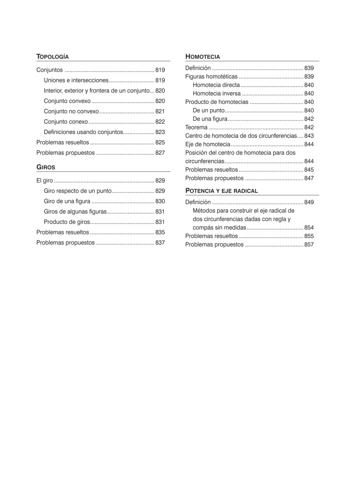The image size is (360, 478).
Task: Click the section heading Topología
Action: pos(53,57)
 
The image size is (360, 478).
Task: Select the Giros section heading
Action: pos(46,167)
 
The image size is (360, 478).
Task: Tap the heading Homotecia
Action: pos(203,57)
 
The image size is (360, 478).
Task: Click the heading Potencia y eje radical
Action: pos(221,190)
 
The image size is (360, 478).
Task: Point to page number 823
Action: pos(160,132)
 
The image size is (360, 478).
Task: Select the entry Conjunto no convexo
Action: pos(71,112)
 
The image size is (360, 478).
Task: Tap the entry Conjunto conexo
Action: pos(66,122)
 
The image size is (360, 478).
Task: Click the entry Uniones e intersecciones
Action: pos(76,80)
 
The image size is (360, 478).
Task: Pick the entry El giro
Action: pos(44,181)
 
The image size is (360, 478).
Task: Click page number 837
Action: pos(160,243)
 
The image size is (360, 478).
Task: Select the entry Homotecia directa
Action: pos(216,85)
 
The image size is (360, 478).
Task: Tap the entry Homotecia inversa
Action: pos(217,94)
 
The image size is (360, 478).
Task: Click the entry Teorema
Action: pos(196,127)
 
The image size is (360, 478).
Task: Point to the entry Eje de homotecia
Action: pos(208,144)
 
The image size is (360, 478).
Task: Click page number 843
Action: pos(309,136)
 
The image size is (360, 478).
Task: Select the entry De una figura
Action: pos(210,119)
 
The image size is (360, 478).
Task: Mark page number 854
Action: pos(309,228)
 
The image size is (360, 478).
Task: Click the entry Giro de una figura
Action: pos(67,202)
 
